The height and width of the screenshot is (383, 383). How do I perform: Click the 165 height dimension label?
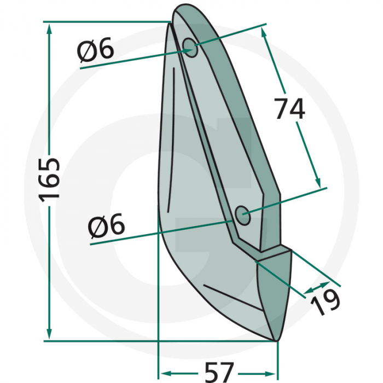pyautogui.click(x=49, y=179)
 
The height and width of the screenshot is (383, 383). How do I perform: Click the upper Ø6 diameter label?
pyautogui.click(x=96, y=50)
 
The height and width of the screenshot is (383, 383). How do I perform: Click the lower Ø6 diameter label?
pyautogui.click(x=107, y=225)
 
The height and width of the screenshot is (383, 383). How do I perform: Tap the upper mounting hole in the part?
pyautogui.click(x=190, y=48)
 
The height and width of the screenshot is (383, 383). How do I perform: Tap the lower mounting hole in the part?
pyautogui.click(x=242, y=215)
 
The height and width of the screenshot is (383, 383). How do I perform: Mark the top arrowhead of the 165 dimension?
pyautogui.click(x=49, y=27)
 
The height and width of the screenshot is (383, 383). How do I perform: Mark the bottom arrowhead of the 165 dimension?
pyautogui.click(x=49, y=335)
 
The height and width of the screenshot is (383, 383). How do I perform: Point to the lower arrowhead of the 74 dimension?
pyautogui.click(x=316, y=182)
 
